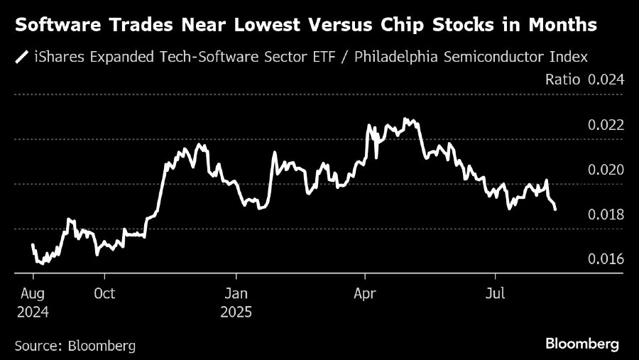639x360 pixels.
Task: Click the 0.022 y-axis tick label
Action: tap(606, 126)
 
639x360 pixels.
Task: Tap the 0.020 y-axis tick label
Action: tap(606, 170)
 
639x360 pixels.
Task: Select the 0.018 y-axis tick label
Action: tap(606, 215)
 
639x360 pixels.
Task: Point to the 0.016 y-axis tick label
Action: tap(606, 260)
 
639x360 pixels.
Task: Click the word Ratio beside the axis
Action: tap(563, 80)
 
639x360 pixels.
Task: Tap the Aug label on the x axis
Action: tap(34, 293)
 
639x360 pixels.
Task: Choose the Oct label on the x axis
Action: tap(104, 293)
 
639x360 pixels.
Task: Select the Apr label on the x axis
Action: tap(366, 293)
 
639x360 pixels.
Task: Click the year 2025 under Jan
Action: tap(237, 312)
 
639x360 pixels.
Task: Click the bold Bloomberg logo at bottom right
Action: tap(582, 344)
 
